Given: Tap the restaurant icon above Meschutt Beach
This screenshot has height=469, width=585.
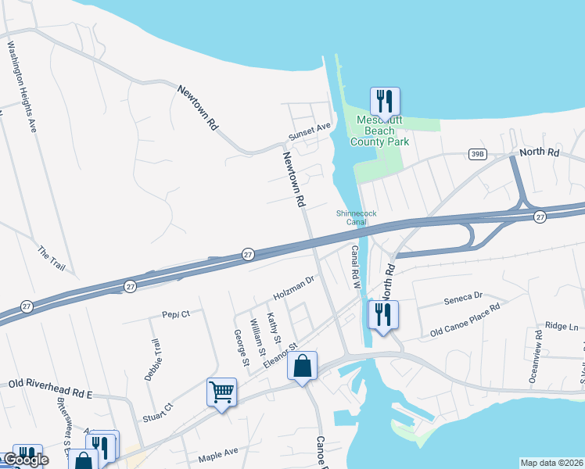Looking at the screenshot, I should click(384, 101).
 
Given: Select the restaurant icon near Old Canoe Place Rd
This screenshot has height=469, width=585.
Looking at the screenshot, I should click(383, 315).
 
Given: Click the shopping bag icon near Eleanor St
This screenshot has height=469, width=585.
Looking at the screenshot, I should click(303, 366).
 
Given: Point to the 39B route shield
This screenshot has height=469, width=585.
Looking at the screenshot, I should click(478, 155).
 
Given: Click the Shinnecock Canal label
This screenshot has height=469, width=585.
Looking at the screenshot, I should click(351, 217).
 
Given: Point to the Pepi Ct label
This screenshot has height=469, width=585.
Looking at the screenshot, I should click(176, 313).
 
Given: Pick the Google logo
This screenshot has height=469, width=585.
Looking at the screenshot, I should click(26, 460).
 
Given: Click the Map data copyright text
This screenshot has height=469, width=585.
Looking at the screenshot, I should click(551, 463).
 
